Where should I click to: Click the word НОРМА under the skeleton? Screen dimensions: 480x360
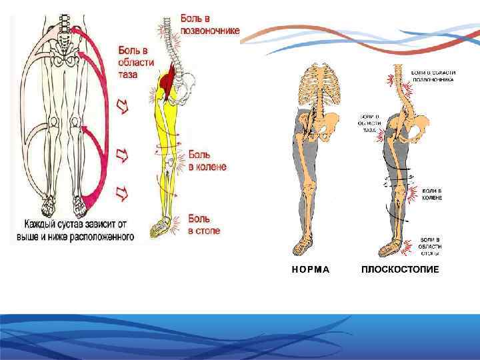point(311,270)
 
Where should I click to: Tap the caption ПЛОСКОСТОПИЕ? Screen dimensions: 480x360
point(400,270)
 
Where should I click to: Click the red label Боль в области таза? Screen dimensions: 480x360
point(136,62)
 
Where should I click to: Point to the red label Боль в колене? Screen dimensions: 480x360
point(207,161)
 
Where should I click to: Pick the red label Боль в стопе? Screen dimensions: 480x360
point(203,225)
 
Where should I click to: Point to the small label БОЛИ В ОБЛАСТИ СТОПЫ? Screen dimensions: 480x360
point(430,246)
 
